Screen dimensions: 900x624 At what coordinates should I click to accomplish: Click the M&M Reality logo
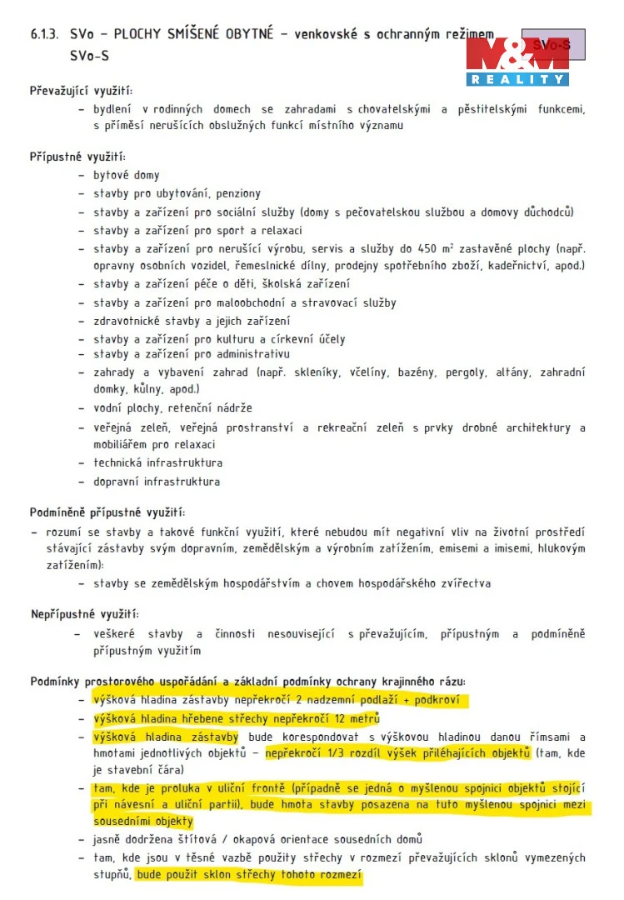point(517,61)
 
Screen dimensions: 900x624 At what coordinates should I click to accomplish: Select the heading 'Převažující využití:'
point(81,91)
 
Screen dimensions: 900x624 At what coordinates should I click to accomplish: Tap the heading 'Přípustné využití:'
point(77,157)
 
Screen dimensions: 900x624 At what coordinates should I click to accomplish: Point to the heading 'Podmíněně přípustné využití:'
point(107,512)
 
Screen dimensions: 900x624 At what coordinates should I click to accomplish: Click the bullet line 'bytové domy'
point(126,176)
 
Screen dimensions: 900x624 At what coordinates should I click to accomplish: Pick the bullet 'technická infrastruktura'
point(157,462)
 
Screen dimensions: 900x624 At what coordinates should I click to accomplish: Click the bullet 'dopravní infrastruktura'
point(156,482)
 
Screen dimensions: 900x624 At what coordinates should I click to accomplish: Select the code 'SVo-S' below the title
point(89,57)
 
